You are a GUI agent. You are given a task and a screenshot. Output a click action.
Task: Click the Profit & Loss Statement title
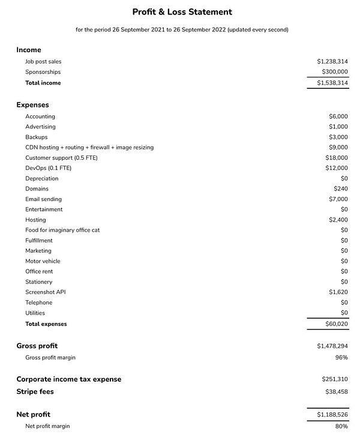tap(182, 12)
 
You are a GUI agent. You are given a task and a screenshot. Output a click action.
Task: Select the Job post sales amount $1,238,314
tap(332, 62)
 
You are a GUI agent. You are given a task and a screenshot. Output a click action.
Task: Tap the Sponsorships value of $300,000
tap(334, 72)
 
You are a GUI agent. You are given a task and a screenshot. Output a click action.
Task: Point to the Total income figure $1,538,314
tap(332, 83)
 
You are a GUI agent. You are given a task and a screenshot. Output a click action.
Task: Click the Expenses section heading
tap(32, 105)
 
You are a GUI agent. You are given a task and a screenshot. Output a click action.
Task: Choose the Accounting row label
tap(40, 116)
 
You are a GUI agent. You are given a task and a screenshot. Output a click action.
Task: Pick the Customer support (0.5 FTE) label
tap(61, 158)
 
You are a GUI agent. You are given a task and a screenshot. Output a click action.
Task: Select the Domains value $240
tap(340, 189)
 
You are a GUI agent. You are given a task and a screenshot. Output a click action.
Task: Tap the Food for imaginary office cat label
tap(62, 230)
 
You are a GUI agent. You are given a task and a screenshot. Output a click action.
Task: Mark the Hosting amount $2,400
tap(338, 220)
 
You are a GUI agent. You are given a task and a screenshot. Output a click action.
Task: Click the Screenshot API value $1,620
tap(338, 292)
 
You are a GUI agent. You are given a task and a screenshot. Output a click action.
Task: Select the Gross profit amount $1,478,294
tap(332, 346)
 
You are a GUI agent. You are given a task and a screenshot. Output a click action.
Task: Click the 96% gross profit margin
tap(341, 357)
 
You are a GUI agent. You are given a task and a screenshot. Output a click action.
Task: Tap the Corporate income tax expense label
tap(68, 379)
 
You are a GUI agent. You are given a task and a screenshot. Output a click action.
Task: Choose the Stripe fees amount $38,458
tap(335, 392)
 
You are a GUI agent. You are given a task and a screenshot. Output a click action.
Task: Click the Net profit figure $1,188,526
tap(332, 415)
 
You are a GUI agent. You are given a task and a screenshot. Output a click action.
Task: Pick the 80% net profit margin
tap(341, 426)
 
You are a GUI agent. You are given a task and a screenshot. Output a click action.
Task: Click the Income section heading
tap(29, 50)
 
